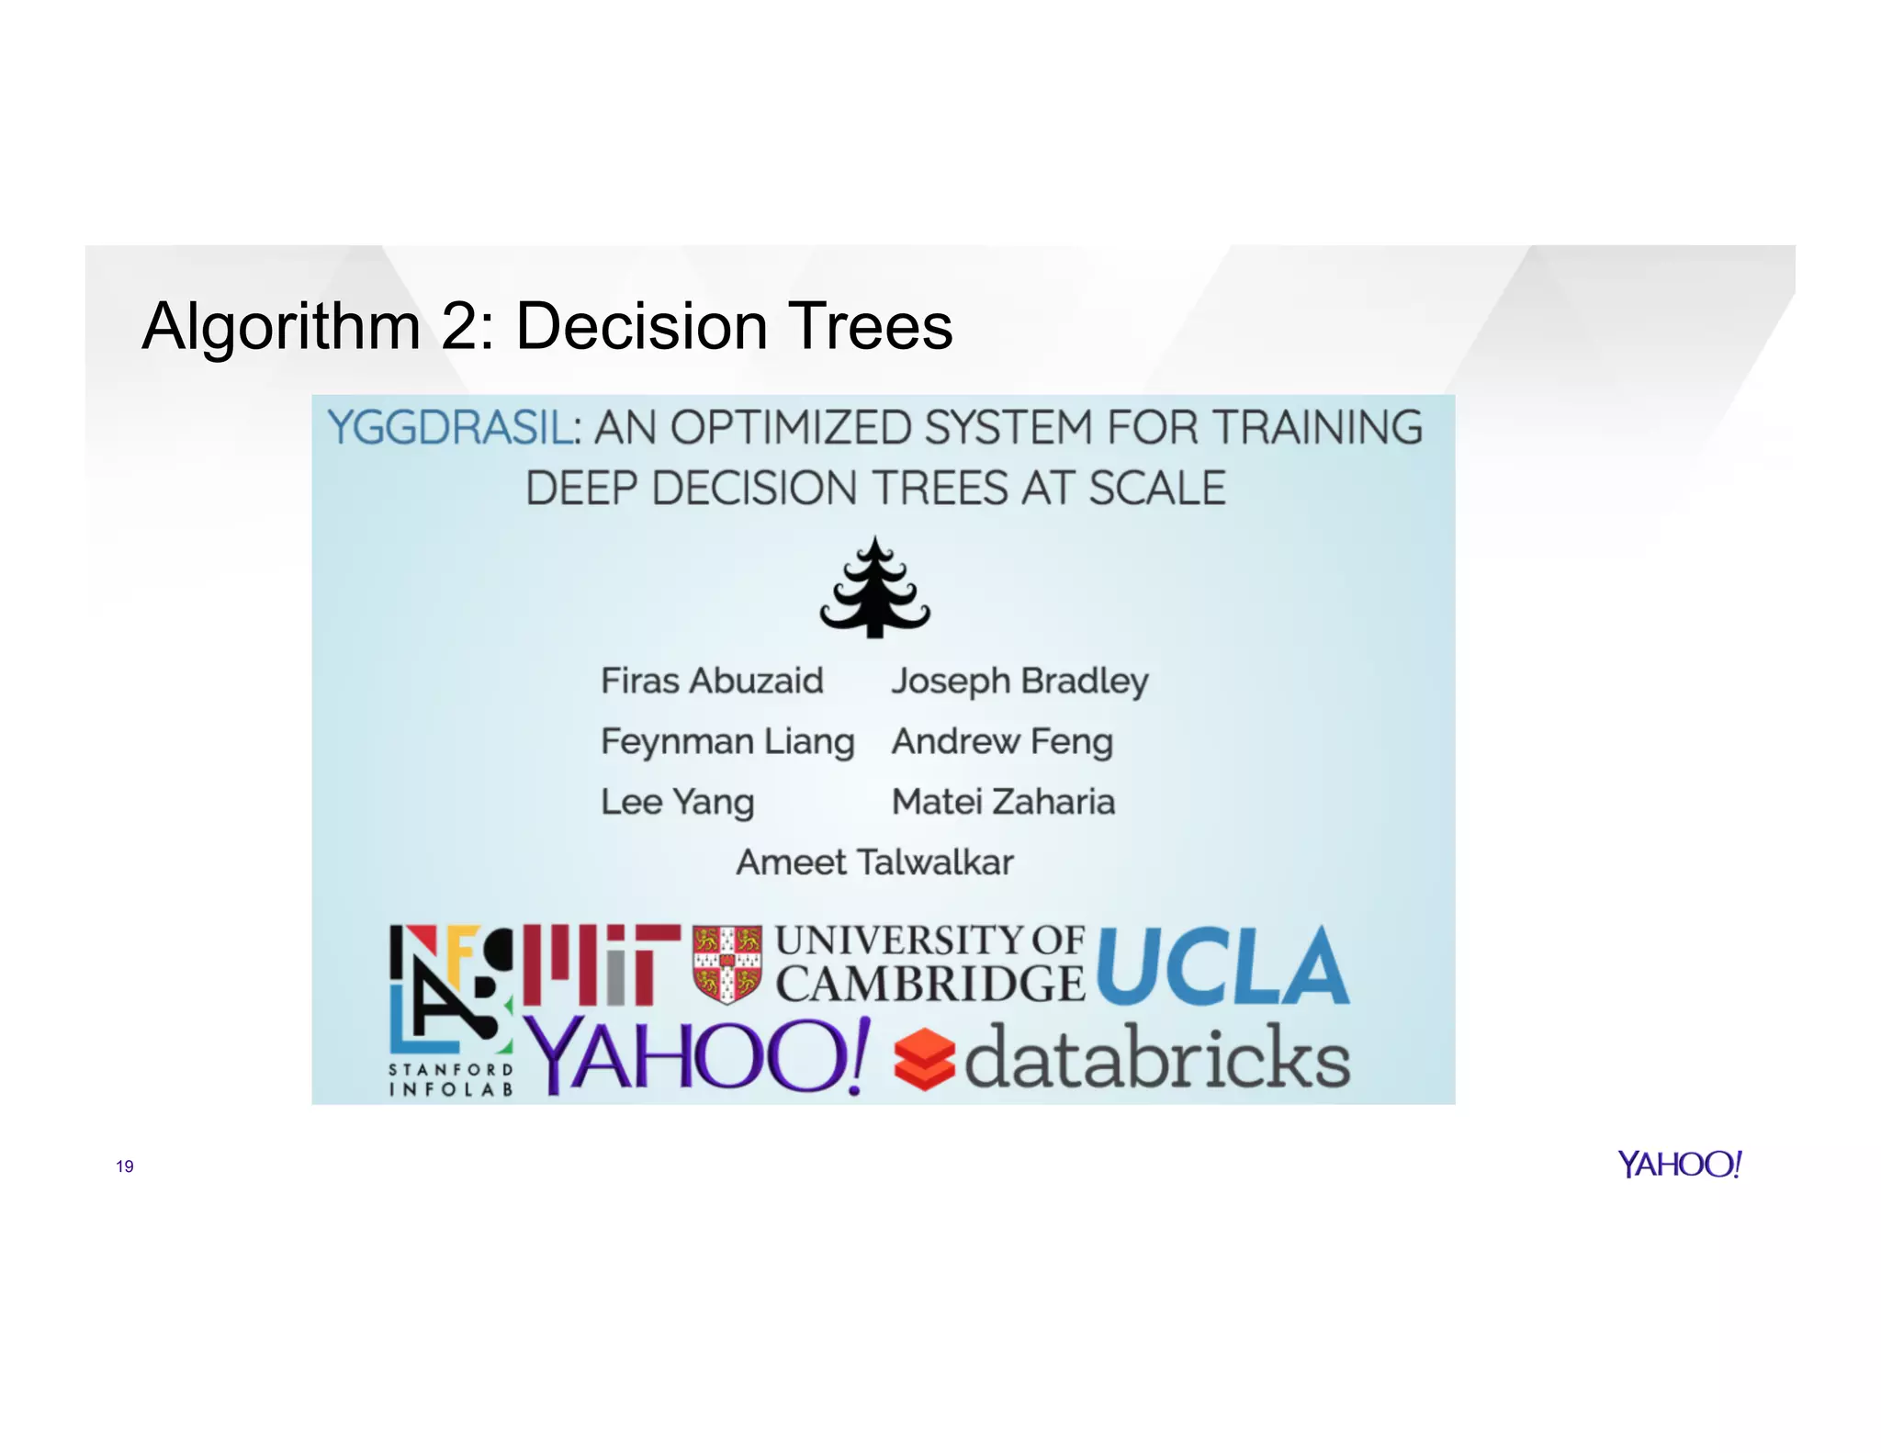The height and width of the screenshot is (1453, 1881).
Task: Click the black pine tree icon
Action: click(x=874, y=589)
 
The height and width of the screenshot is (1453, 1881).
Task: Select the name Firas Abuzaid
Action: click(x=712, y=681)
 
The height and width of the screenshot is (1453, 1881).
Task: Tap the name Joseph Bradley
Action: click(x=1019, y=681)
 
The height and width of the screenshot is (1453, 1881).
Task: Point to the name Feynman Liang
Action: click(x=727, y=742)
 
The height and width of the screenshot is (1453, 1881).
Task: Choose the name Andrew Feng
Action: click(x=1002, y=742)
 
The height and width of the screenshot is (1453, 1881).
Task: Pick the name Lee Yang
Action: click(x=677, y=802)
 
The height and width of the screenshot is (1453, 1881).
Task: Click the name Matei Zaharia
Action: click(x=1003, y=802)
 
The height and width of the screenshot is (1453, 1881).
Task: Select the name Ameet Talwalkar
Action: click(x=874, y=862)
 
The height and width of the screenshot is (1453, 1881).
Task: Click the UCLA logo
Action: click(x=1222, y=967)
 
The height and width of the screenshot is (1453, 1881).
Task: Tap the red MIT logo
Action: click(x=602, y=964)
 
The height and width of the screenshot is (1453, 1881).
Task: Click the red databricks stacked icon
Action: click(x=924, y=1059)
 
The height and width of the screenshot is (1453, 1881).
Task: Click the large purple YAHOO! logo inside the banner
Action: click(x=698, y=1056)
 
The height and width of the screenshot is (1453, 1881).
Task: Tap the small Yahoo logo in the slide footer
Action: click(x=1679, y=1165)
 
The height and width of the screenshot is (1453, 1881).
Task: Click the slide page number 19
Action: click(x=125, y=1166)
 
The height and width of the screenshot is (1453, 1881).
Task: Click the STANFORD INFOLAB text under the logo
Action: click(x=450, y=1080)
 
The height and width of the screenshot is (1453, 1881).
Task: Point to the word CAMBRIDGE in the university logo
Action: click(x=929, y=985)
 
